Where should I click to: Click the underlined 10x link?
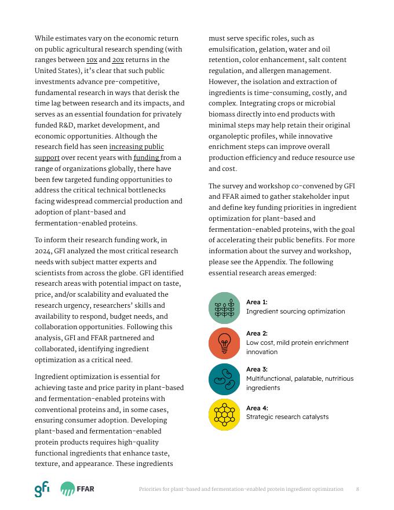tap(92, 60)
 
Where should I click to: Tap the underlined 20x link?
tap(118, 60)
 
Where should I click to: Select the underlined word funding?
tap(147, 158)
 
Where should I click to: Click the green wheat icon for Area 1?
tap(224, 308)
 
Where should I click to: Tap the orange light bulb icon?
tap(224, 343)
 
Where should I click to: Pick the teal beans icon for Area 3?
tap(224, 379)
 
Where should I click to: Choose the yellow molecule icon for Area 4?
tap(224, 414)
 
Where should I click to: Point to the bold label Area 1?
tap(257, 302)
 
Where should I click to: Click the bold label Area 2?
tap(257, 333)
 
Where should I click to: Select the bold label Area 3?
tap(257, 369)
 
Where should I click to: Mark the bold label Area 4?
tap(257, 407)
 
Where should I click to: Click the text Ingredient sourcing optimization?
tap(295, 311)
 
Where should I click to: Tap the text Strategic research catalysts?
tap(287, 417)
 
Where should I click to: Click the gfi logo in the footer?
tap(42, 489)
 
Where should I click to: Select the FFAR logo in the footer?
tap(77, 489)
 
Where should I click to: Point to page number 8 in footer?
tap(357, 489)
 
